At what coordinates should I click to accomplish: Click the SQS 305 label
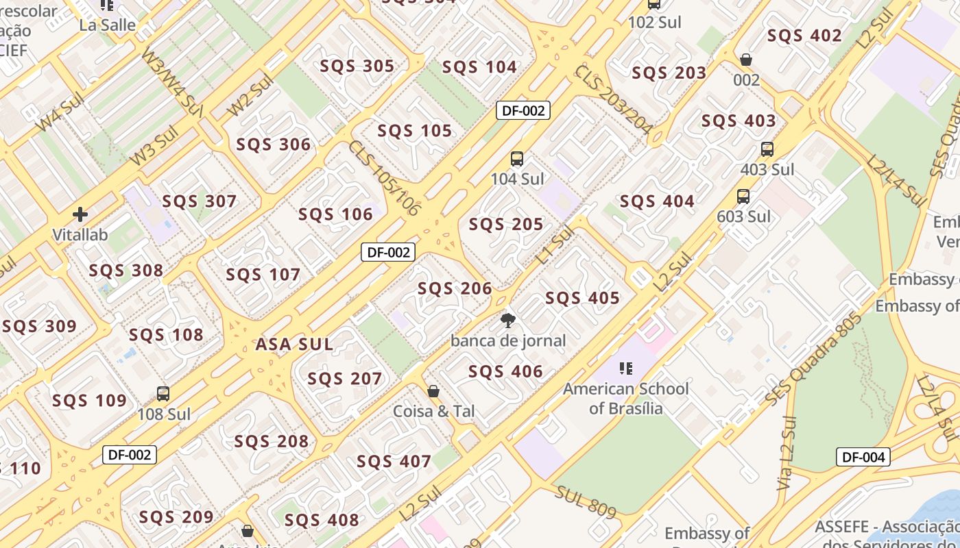point(357,66)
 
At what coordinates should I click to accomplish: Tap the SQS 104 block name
point(479,66)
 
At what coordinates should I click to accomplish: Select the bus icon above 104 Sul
point(517,159)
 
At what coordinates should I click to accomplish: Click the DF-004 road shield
point(863,457)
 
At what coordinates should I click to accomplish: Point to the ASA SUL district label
point(294,345)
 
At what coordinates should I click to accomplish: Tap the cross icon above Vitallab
point(80,214)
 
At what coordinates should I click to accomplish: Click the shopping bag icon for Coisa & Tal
point(433,391)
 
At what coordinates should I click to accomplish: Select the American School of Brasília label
point(626,398)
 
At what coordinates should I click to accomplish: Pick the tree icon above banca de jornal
point(508,320)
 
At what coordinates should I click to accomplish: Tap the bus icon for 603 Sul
point(743,197)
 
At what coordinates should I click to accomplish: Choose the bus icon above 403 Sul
point(767,149)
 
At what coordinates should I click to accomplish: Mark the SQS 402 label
point(804,36)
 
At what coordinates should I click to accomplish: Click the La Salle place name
point(108,25)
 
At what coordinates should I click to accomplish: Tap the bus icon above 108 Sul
point(163,394)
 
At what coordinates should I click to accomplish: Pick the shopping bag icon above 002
point(746,60)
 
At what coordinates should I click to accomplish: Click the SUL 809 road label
point(586,502)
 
